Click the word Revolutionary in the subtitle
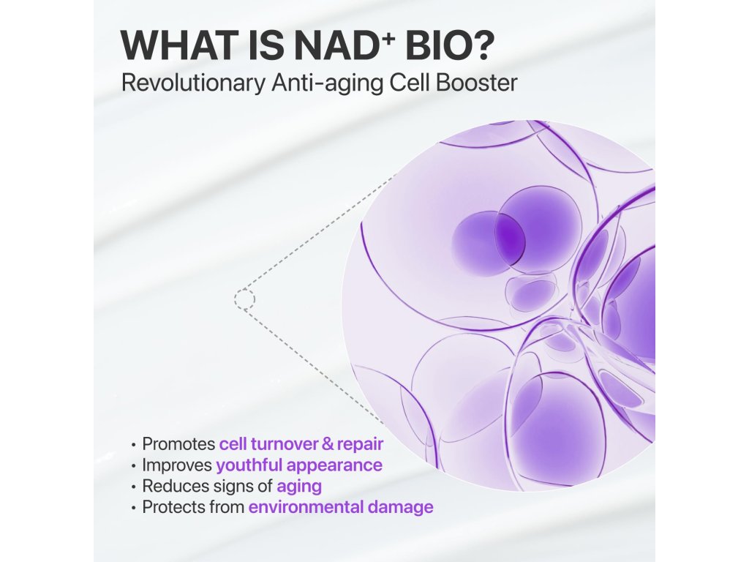coord(193,83)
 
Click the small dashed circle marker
coord(244,299)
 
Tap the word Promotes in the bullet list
coord(178,443)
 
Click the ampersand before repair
coord(328,444)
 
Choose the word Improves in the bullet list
coord(177,465)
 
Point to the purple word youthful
coord(249,465)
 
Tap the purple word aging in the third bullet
coord(299,487)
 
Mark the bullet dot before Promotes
coord(133,444)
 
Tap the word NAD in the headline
coord(336,45)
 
